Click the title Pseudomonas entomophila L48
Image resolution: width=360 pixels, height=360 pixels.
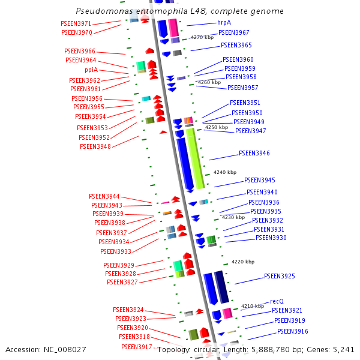coord(180,11)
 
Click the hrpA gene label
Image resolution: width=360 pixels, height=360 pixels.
coord(224,23)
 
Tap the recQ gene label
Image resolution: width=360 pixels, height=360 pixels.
coord(277,301)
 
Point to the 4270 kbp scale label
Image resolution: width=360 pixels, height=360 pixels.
coord(202,37)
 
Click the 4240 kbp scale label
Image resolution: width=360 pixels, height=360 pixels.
coord(226,172)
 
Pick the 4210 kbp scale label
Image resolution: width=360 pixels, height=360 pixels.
coord(253,306)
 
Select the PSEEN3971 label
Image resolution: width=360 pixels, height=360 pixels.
coord(76,23)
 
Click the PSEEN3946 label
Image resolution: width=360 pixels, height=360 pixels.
coord(254,153)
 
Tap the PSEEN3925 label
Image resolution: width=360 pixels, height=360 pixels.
coord(280,276)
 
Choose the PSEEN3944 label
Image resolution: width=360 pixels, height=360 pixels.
coord(104,196)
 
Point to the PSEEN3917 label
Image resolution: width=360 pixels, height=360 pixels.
coord(136,347)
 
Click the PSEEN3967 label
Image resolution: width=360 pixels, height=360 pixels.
coord(234,32)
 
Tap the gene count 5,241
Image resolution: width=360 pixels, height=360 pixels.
coord(343,349)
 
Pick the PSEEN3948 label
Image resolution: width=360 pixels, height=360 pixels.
coord(95,146)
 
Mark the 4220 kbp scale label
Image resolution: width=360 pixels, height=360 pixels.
coord(243,262)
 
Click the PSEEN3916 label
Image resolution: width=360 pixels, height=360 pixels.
coord(293,331)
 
